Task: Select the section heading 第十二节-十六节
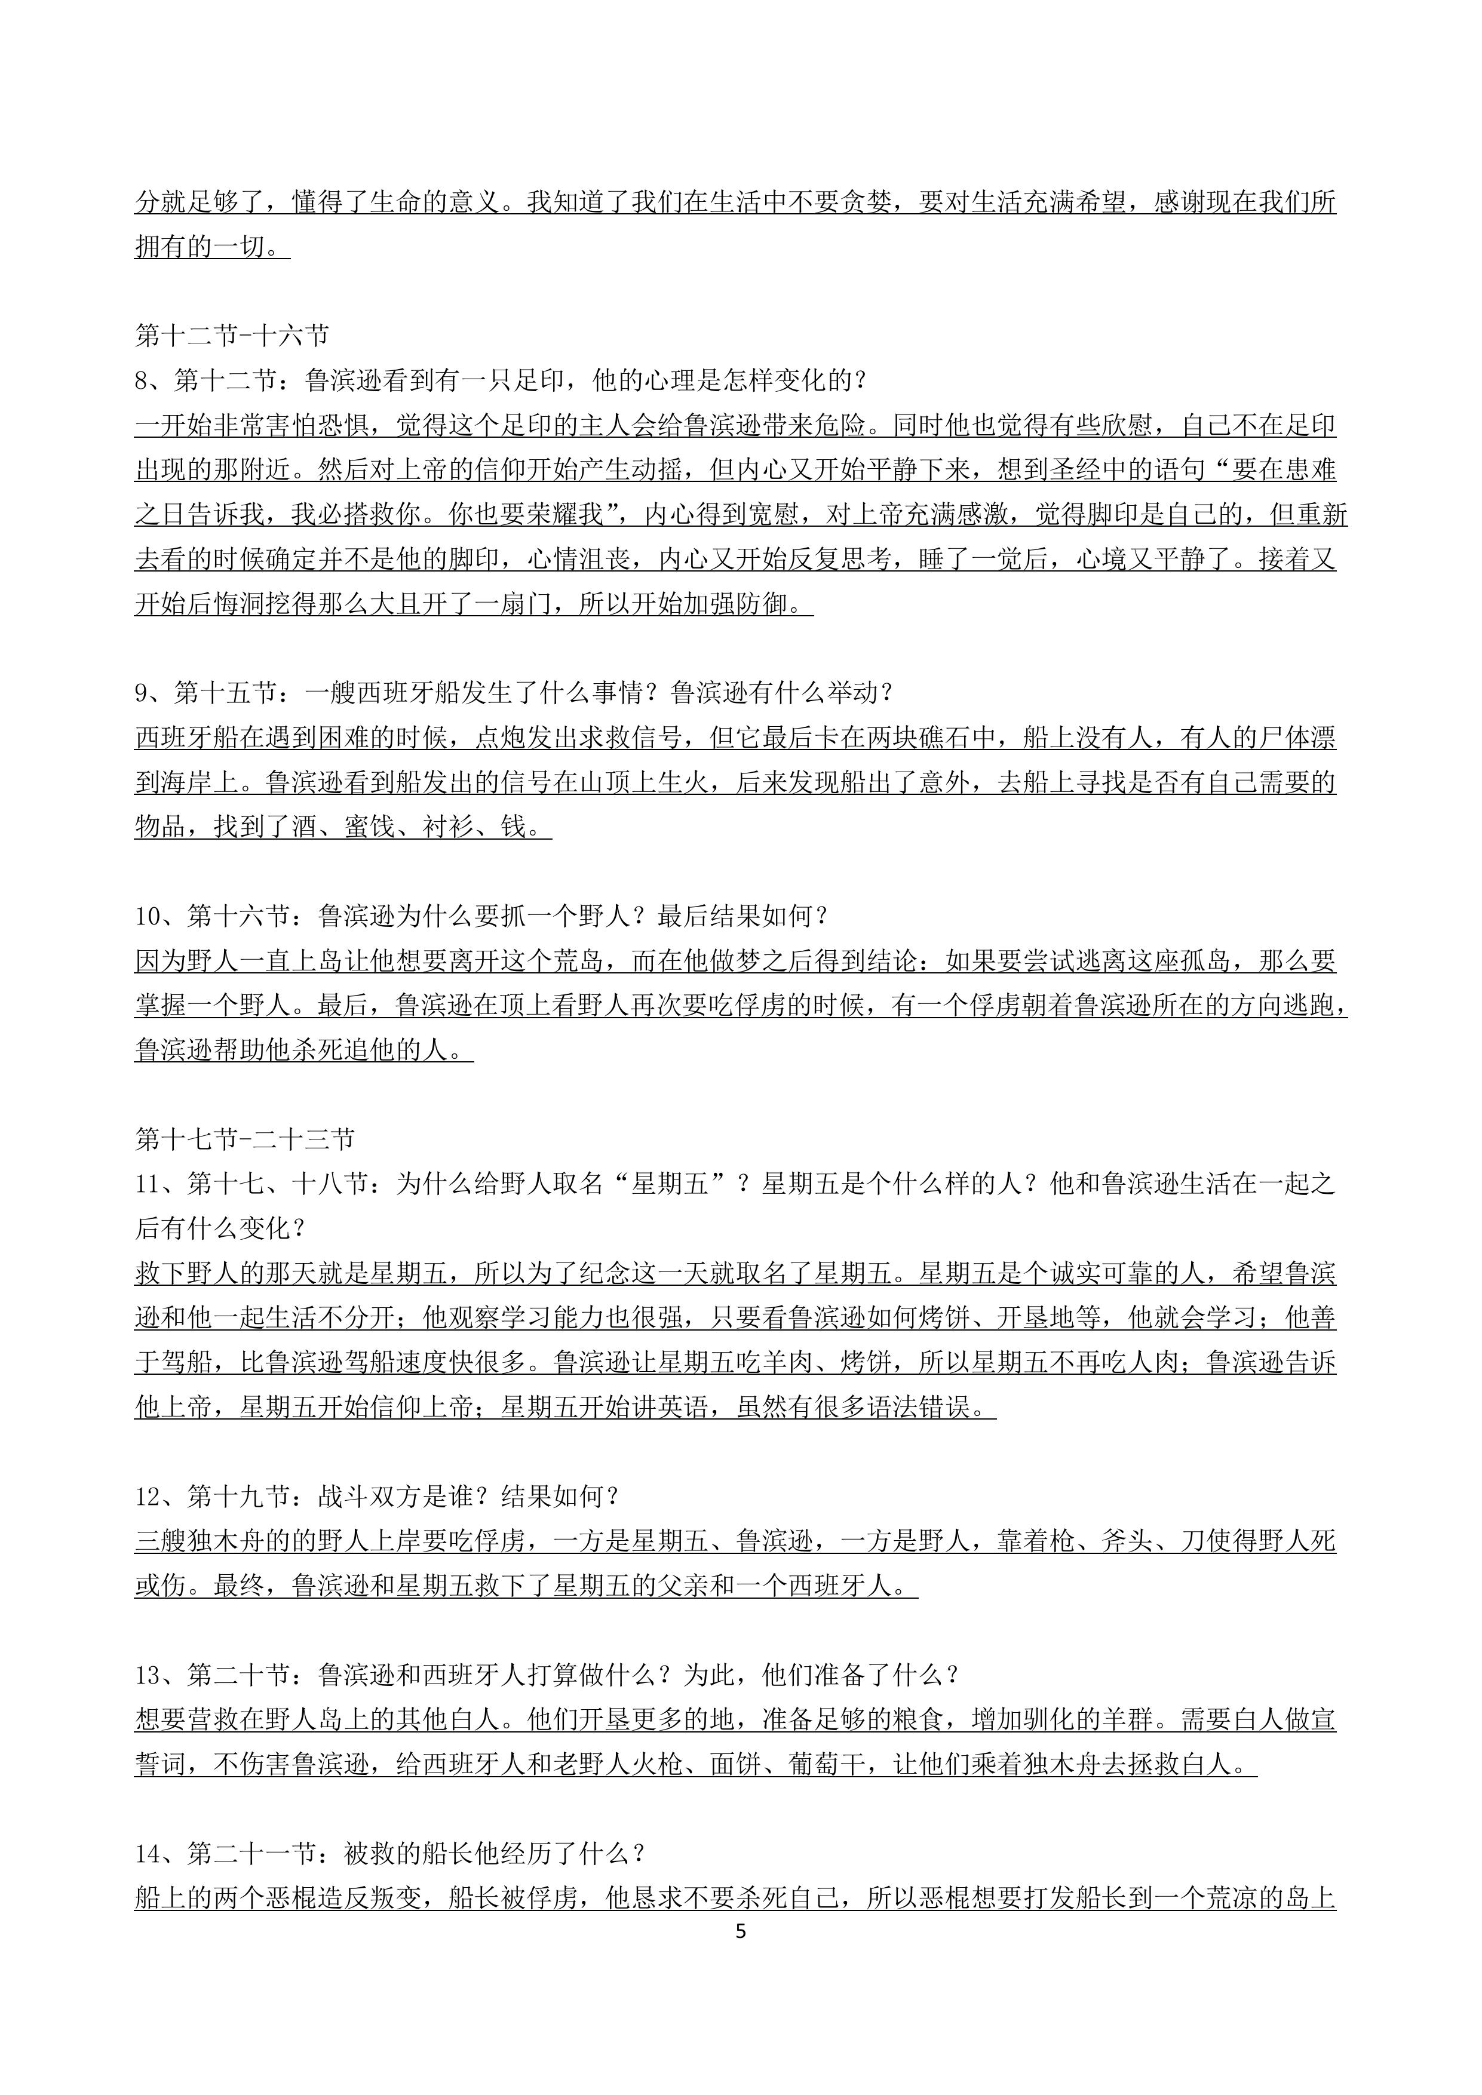point(232,337)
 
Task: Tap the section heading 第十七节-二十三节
point(244,1139)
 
